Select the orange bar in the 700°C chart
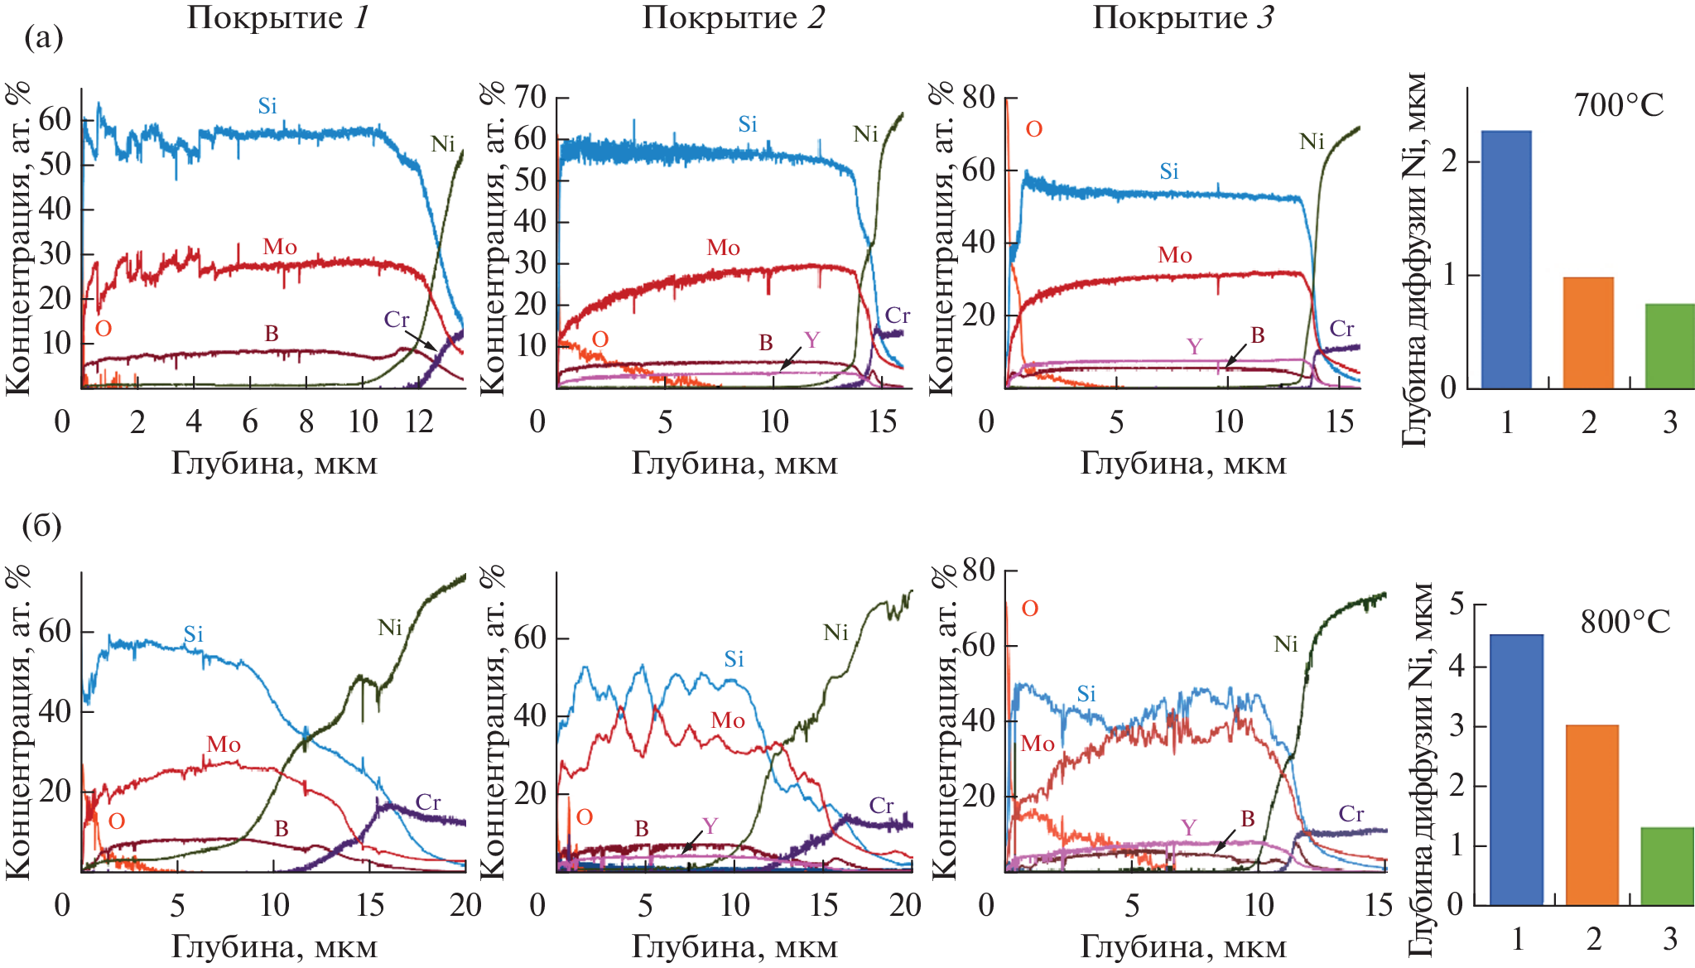click(1587, 333)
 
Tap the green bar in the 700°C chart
click(1669, 346)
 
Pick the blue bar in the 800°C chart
click(1516, 769)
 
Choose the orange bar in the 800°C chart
click(1592, 815)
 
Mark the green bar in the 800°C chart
click(1667, 866)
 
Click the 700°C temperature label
click(1618, 106)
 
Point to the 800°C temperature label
click(1625, 622)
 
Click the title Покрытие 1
click(277, 17)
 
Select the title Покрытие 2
click(734, 17)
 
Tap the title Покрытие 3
click(1182, 17)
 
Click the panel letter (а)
click(43, 37)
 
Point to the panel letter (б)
click(42, 525)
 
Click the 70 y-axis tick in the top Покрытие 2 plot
click(530, 97)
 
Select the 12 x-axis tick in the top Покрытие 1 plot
click(419, 421)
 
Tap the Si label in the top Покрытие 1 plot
click(267, 106)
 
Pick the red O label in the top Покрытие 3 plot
click(1033, 129)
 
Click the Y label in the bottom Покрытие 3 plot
click(1188, 828)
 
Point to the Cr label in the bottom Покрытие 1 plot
click(428, 802)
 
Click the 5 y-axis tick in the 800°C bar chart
click(1456, 604)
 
